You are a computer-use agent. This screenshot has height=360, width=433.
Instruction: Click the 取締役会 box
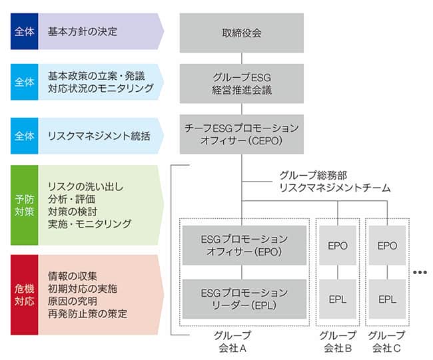(241, 33)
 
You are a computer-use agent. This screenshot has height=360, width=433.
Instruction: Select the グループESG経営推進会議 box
(241, 83)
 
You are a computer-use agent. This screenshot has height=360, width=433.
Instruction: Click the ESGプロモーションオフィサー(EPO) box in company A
(244, 245)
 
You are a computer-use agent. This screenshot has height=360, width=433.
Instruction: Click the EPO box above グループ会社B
(338, 245)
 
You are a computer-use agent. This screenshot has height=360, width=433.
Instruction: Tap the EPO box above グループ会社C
(387, 245)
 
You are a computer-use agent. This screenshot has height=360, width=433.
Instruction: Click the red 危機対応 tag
(25, 294)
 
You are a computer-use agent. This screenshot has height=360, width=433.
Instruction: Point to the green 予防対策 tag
(25, 205)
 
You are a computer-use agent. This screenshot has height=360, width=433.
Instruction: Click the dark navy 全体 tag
(25, 31)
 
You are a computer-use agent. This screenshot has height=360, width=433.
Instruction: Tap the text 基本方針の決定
(83, 31)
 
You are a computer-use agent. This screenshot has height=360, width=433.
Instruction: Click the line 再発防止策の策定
(87, 313)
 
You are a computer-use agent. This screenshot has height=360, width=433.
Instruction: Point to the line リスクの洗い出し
(86, 186)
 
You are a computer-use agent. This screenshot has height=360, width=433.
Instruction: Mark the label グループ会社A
(233, 341)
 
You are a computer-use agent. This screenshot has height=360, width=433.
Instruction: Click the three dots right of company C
(420, 272)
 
